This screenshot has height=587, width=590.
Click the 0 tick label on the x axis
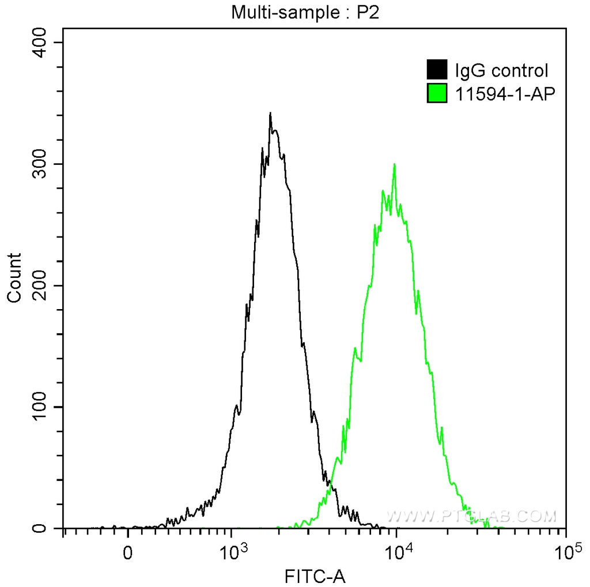[128, 552]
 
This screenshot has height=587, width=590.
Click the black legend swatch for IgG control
[437, 70]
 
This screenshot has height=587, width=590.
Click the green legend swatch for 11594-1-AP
[437, 92]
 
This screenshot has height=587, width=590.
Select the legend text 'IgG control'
[501, 71]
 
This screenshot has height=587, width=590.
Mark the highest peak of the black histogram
[270, 114]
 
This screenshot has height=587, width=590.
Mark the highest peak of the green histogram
[394, 164]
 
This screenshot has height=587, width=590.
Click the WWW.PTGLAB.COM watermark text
[471, 515]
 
